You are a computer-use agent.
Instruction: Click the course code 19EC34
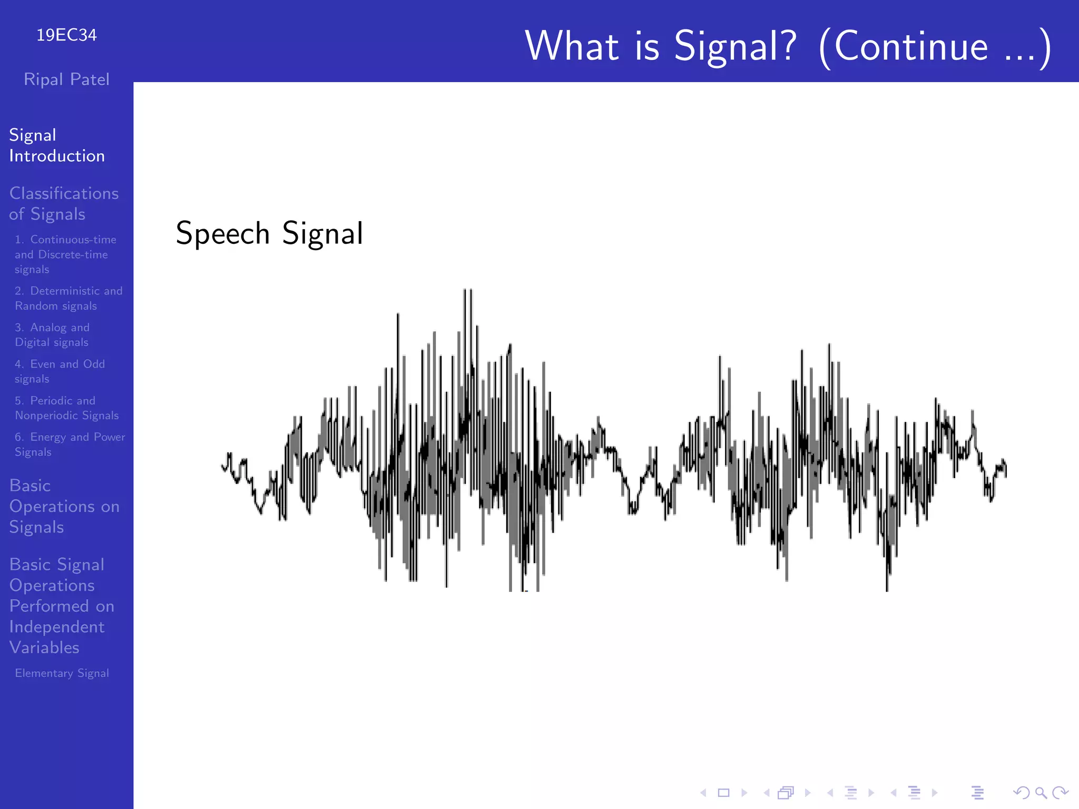[66, 35]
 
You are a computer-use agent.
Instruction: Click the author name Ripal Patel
[66, 80]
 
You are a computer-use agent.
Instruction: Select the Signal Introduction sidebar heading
[56, 145]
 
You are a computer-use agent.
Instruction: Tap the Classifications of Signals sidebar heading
[63, 204]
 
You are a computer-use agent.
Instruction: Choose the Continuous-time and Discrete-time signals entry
[65, 254]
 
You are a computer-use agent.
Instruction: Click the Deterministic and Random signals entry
[68, 298]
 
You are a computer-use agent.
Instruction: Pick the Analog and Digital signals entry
[52, 334]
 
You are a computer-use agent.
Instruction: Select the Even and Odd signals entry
[59, 371]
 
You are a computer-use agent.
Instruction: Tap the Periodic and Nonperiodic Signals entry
[66, 408]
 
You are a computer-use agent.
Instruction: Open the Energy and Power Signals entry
[69, 444]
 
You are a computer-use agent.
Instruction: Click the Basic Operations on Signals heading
[64, 506]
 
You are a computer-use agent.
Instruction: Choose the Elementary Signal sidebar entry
[62, 673]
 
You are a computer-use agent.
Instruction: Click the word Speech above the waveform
[222, 234]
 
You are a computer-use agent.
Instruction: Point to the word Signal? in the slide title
[735, 46]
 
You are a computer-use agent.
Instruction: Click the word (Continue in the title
[903, 46]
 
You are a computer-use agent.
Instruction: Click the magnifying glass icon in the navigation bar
[1041, 793]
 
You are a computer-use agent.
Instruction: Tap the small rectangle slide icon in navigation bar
[723, 793]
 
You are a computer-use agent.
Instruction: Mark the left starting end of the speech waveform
[222, 466]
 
